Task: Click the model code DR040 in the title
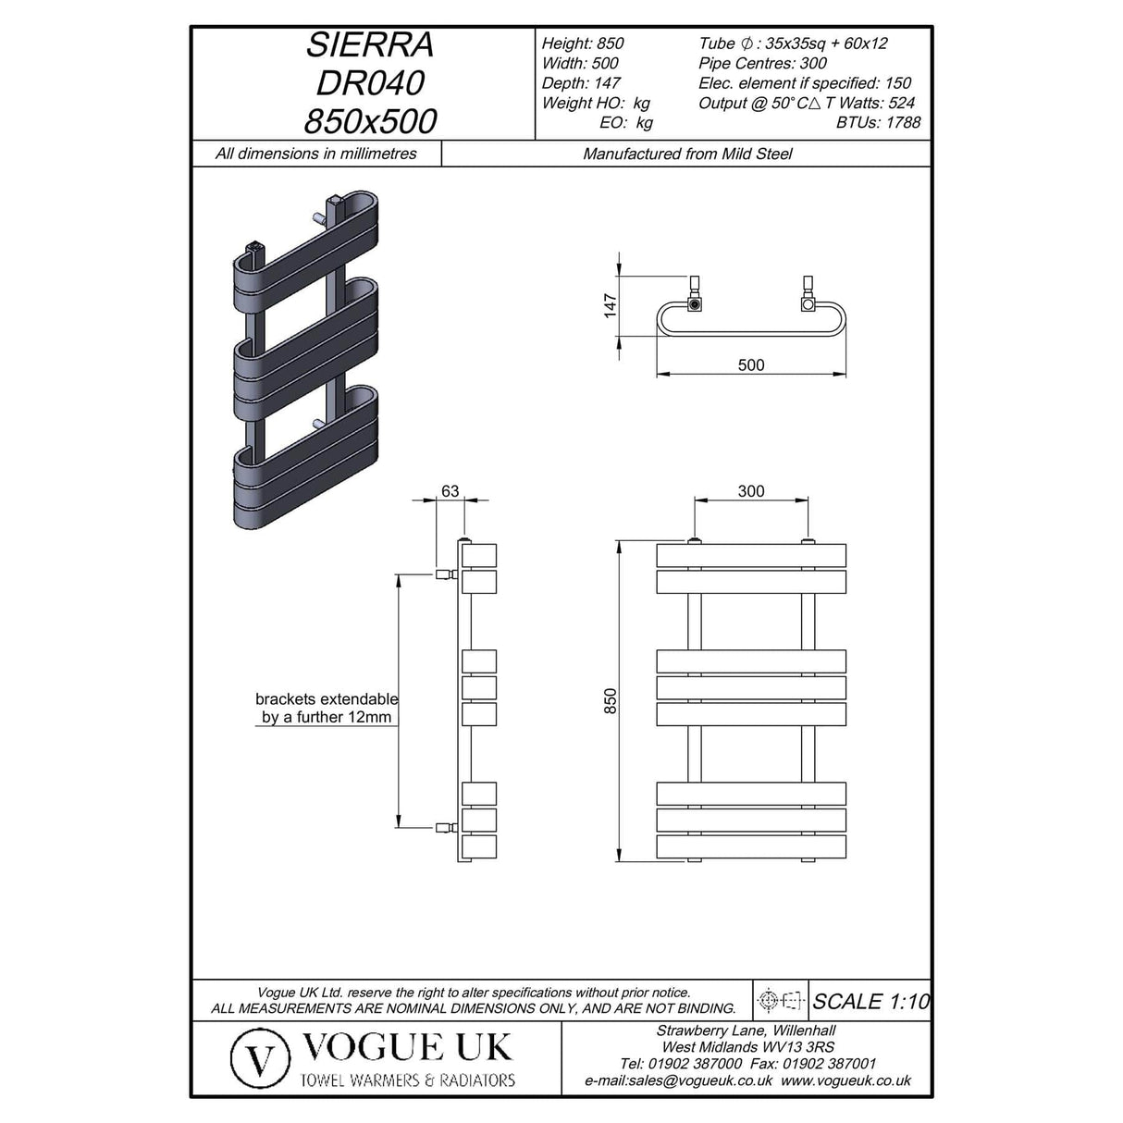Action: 370,83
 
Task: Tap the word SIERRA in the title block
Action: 370,44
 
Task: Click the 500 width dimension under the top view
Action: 751,364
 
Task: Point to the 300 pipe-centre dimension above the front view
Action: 751,490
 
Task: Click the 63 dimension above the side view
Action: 450,490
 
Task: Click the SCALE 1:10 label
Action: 870,1000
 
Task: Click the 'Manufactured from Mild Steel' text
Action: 687,154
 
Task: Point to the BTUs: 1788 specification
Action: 878,122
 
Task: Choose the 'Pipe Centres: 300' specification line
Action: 762,63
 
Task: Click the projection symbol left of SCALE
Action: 778,1000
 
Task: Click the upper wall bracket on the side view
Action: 445,574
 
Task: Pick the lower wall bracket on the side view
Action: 445,826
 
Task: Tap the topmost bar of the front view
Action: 751,555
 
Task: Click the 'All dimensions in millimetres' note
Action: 316,154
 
